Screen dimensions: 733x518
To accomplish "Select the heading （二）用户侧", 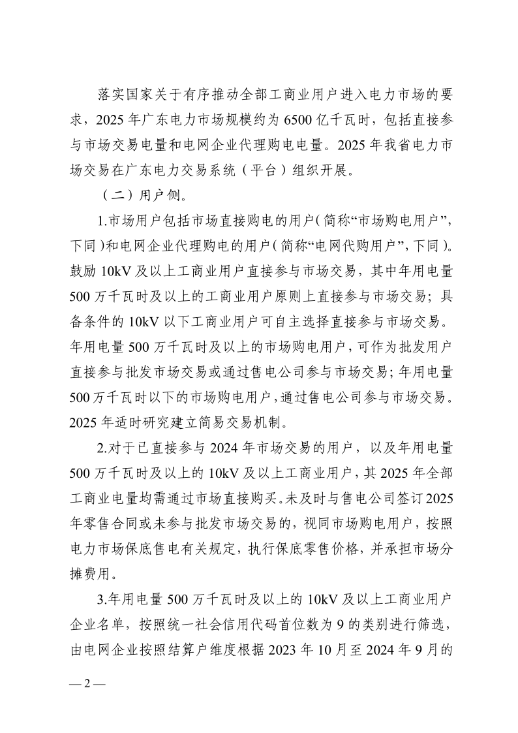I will point(133,196).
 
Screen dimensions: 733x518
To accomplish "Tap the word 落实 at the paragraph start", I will point(106,95).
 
